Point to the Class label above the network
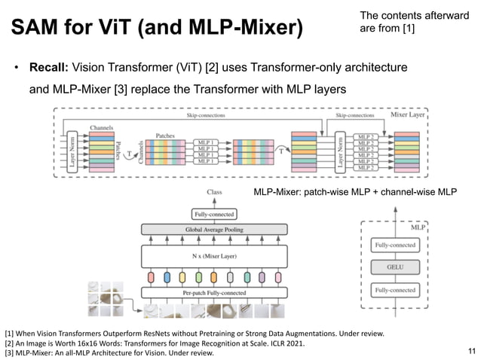[215, 192]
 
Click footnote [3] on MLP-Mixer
[109, 352]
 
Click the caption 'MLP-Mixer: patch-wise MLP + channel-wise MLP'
[355, 193]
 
